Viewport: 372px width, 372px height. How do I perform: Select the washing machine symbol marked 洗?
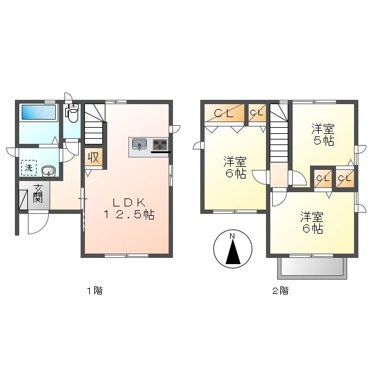[x=29, y=167]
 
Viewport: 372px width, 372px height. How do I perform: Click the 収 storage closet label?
[x=93, y=157]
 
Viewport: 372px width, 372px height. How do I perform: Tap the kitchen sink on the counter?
[x=139, y=145]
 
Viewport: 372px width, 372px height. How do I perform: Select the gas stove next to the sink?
[x=160, y=145]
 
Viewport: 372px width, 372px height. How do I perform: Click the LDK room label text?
[x=129, y=202]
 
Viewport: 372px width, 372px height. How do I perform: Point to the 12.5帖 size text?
[x=129, y=215]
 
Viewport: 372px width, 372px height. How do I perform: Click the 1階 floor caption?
[x=94, y=290]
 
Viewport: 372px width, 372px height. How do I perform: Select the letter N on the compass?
[x=231, y=236]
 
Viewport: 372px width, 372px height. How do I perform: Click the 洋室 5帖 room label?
[x=322, y=135]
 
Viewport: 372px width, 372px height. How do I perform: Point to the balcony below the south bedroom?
[x=312, y=267]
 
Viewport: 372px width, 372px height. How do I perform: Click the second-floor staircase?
[x=279, y=136]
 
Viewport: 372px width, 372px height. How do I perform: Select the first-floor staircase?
[x=95, y=124]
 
